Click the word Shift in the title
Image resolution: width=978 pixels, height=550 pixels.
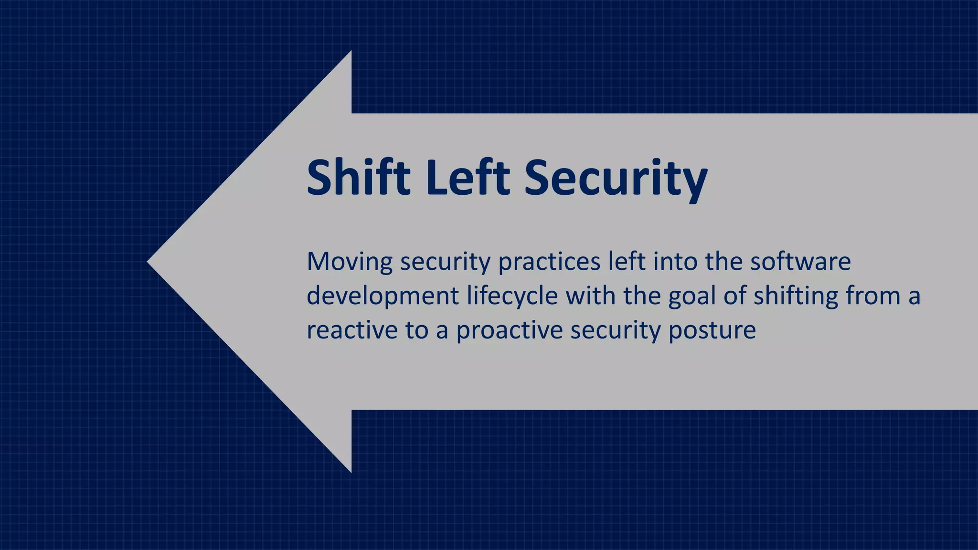358,178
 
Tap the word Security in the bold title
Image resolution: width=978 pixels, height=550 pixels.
616,179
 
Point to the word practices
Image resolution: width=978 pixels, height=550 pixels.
549,262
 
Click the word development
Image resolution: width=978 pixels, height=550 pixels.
383,296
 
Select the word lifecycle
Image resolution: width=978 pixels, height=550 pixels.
512,296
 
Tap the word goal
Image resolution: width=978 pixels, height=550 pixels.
692,296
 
